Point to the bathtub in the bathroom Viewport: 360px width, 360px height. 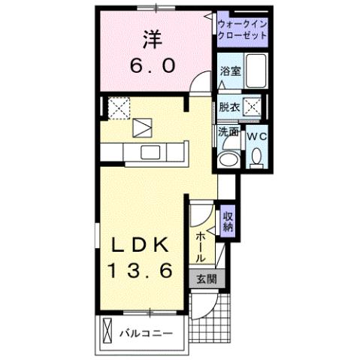[x=256, y=73]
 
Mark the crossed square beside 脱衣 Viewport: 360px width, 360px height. [x=254, y=108]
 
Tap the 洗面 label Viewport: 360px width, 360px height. [x=228, y=132]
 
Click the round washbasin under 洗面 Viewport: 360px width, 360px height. [x=226, y=159]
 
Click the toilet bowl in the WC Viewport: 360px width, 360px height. [x=256, y=157]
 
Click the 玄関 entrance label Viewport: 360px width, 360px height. [x=206, y=279]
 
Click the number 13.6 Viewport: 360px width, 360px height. [x=143, y=269]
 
